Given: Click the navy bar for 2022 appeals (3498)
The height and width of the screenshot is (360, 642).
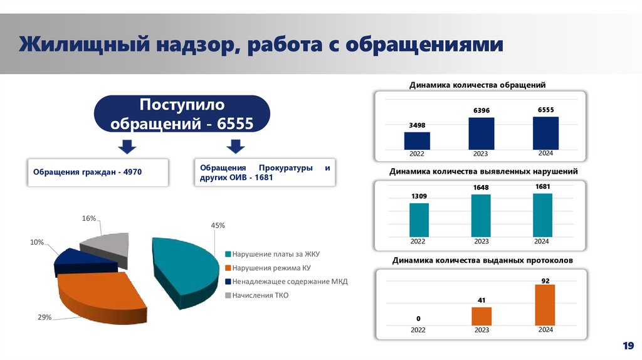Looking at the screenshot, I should (x=417, y=140).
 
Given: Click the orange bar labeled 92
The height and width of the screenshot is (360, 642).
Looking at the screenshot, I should (x=545, y=305).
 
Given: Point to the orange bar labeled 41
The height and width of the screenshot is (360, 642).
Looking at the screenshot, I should (x=481, y=316).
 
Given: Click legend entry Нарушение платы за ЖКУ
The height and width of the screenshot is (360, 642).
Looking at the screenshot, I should (x=276, y=255).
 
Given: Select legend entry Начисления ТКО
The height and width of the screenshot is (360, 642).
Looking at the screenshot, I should (x=260, y=295).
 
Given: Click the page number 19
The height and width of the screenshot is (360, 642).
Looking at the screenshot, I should (x=628, y=346).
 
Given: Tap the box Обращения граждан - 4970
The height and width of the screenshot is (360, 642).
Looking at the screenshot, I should (x=97, y=172).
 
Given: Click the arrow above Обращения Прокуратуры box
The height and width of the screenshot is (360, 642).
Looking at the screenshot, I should (x=235, y=146).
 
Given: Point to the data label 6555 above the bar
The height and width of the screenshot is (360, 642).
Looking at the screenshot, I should (x=545, y=110).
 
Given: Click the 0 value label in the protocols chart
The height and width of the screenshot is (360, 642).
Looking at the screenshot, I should (x=418, y=319).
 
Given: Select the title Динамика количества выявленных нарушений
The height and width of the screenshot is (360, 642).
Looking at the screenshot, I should (x=483, y=171).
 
